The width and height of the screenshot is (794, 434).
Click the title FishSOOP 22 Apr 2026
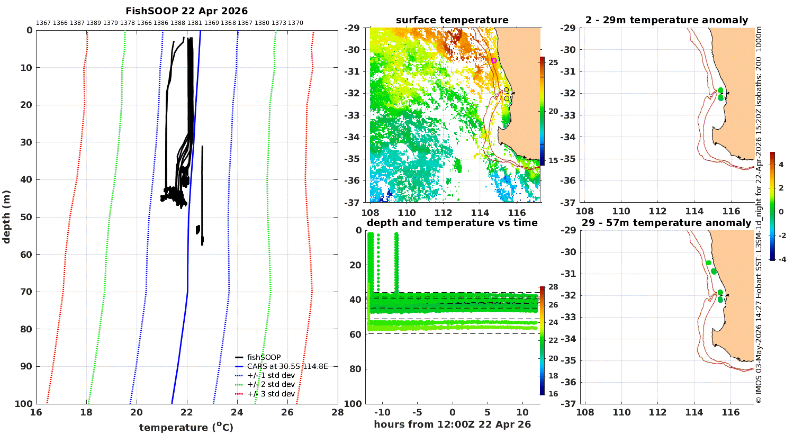186,11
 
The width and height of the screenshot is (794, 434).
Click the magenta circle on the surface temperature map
494,60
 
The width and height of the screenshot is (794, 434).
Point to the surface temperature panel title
452,20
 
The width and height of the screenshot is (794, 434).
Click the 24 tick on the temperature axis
237,412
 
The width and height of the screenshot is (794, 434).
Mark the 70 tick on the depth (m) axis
27,292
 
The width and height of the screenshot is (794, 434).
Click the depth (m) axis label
6,217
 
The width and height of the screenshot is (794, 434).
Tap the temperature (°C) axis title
186,427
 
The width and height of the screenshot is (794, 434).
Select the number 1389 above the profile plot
94,23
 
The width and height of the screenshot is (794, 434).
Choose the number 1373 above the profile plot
278,23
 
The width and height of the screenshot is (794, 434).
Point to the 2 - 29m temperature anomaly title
667,20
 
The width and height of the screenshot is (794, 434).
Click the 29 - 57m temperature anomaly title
666,223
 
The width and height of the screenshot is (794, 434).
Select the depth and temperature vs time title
452,223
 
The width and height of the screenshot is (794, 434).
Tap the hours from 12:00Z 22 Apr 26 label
452,424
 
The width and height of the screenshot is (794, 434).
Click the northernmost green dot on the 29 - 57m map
708,263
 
